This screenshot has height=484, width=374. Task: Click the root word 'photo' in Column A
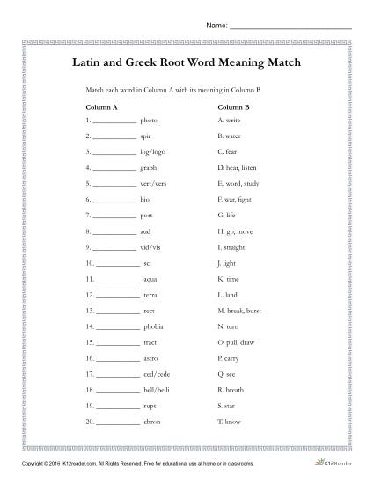pyautogui.click(x=148, y=119)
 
